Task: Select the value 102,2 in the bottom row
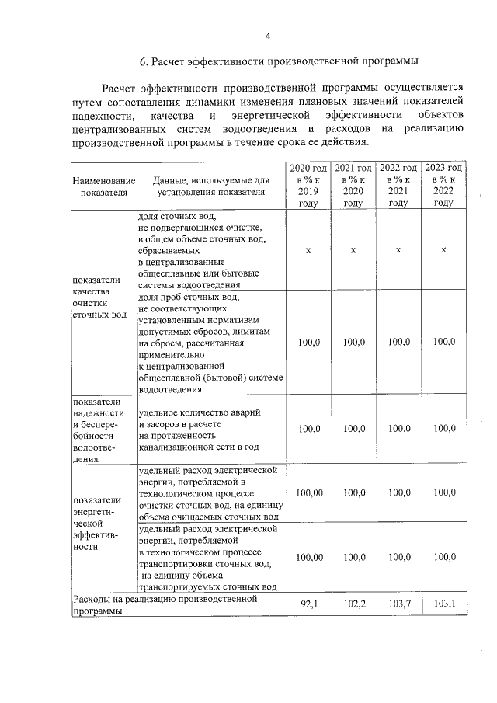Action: tap(353, 604)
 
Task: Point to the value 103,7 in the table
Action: tap(398, 604)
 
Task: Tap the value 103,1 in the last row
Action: tap(443, 604)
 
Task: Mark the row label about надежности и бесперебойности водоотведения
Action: tap(97, 430)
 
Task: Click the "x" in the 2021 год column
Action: tap(353, 250)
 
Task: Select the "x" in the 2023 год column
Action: tap(443, 250)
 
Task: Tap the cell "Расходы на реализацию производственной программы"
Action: tap(176, 604)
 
